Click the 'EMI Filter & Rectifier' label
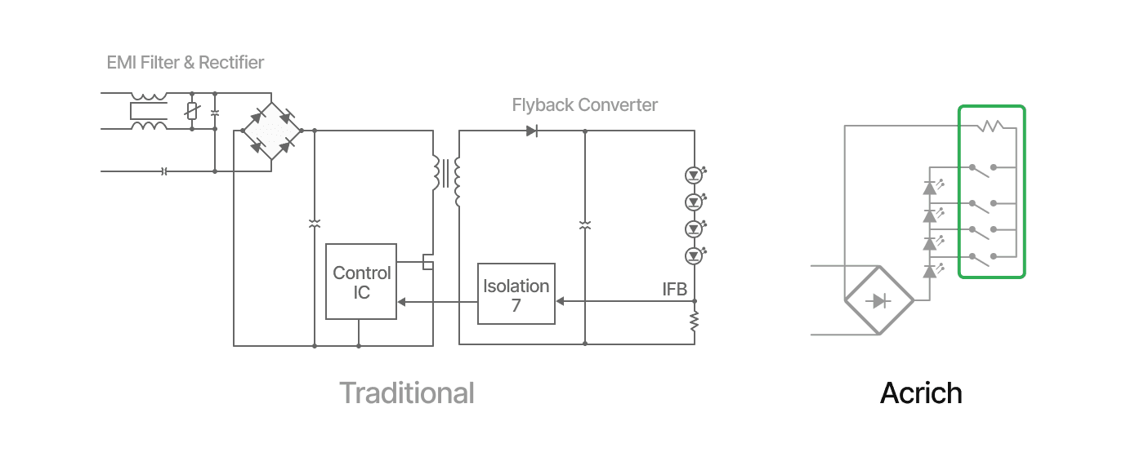(x=185, y=63)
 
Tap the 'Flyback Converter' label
(x=584, y=105)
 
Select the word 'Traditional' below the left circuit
(x=407, y=393)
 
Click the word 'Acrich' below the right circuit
(x=921, y=393)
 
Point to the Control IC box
(x=361, y=282)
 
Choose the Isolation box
(x=516, y=294)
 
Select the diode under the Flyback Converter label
(x=531, y=131)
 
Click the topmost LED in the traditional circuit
(x=694, y=175)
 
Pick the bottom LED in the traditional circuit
(x=694, y=255)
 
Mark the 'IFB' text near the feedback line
(x=674, y=289)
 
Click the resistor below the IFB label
(x=695, y=322)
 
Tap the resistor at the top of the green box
(x=990, y=126)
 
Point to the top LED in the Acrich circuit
(x=930, y=188)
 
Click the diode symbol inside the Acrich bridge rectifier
(x=879, y=301)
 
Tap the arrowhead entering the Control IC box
(x=400, y=301)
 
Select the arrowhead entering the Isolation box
(x=559, y=301)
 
